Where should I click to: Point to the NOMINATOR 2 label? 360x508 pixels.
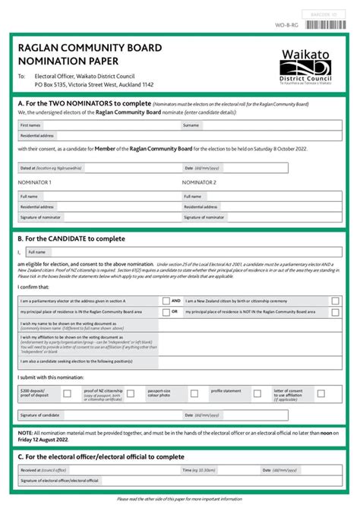tap(199, 183)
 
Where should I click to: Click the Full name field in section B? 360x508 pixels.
tap(182, 252)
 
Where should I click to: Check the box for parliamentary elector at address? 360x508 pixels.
tap(166, 301)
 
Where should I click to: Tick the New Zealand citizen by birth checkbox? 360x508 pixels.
tap(333, 301)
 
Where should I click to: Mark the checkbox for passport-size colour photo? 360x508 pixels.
tap(194, 393)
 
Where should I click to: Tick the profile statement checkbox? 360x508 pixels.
tap(257, 393)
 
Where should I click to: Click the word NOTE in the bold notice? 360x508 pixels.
tap(25, 433)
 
